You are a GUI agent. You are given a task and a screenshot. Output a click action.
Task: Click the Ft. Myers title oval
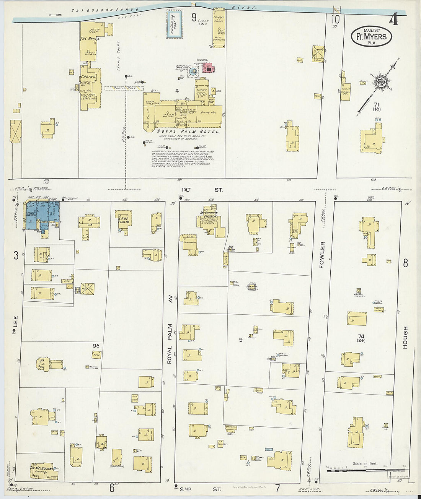point(371,37)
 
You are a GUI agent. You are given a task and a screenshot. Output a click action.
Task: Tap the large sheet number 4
point(393,19)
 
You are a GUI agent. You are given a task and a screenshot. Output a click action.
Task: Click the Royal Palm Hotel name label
point(188,132)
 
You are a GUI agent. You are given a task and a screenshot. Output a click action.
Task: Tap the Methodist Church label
point(209,215)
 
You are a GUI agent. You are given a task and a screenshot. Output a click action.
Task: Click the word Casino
point(88,77)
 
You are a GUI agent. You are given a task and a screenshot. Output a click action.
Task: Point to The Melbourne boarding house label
point(42,468)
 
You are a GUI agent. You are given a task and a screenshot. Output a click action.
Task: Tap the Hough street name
point(405,337)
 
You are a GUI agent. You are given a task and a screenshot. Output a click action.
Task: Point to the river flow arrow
point(55,15)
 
